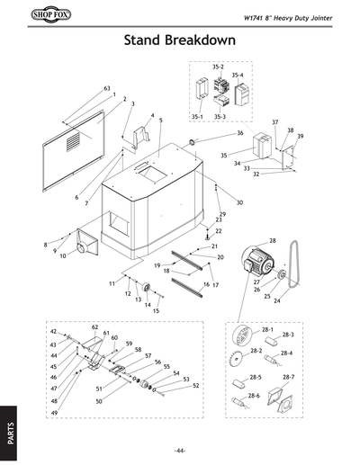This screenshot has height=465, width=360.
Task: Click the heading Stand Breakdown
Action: click(180, 41)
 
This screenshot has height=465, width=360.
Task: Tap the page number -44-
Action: click(180, 449)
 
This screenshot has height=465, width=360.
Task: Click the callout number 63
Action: click(106, 88)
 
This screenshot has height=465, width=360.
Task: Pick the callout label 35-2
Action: click(217, 67)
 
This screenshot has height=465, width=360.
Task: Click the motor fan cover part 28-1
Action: click(239, 340)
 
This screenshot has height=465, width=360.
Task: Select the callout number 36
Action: click(239, 133)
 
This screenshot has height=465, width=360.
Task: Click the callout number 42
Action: click(53, 332)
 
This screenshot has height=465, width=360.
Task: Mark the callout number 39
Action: click(300, 137)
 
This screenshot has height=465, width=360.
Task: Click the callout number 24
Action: click(276, 301)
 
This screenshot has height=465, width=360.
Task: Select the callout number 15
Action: click(156, 310)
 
